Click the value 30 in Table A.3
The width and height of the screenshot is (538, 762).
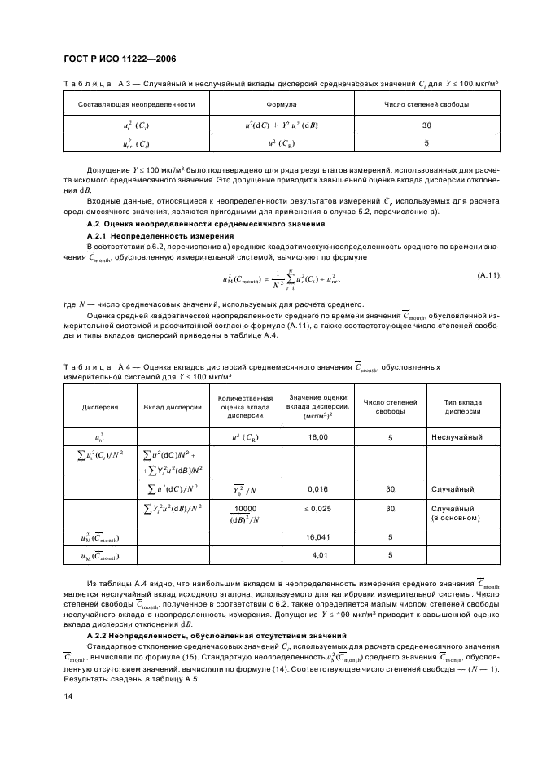click(426, 125)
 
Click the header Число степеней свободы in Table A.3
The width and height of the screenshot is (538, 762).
click(426, 105)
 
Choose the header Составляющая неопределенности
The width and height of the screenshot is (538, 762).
click(137, 105)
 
